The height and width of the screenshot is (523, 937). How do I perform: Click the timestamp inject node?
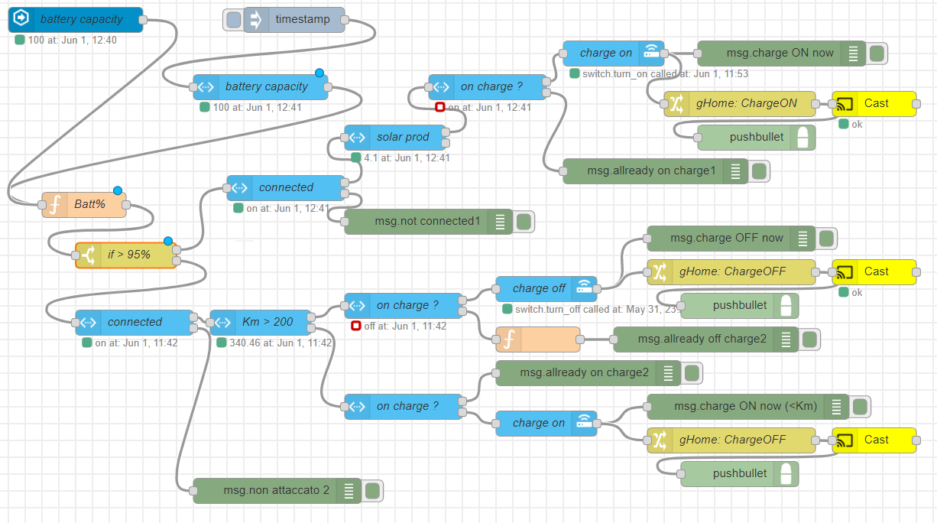pyautogui.click(x=302, y=20)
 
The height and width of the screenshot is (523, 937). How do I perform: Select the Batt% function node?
pyautogui.click(x=84, y=204)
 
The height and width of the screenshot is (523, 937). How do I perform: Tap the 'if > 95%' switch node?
pyautogui.click(x=126, y=255)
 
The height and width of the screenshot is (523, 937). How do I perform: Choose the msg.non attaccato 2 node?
pyautogui.click(x=275, y=490)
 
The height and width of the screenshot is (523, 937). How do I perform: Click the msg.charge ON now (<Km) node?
pyautogui.click(x=745, y=406)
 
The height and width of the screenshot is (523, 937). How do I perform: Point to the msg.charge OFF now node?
pyautogui.click(x=726, y=238)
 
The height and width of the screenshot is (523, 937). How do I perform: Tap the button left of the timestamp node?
pyautogui.click(x=233, y=20)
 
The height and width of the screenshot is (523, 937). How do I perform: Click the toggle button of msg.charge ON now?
pyautogui.click(x=877, y=54)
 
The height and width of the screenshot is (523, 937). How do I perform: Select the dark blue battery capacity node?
pyautogui.click(x=76, y=20)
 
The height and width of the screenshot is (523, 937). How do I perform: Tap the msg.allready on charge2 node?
pyautogui.click(x=584, y=372)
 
